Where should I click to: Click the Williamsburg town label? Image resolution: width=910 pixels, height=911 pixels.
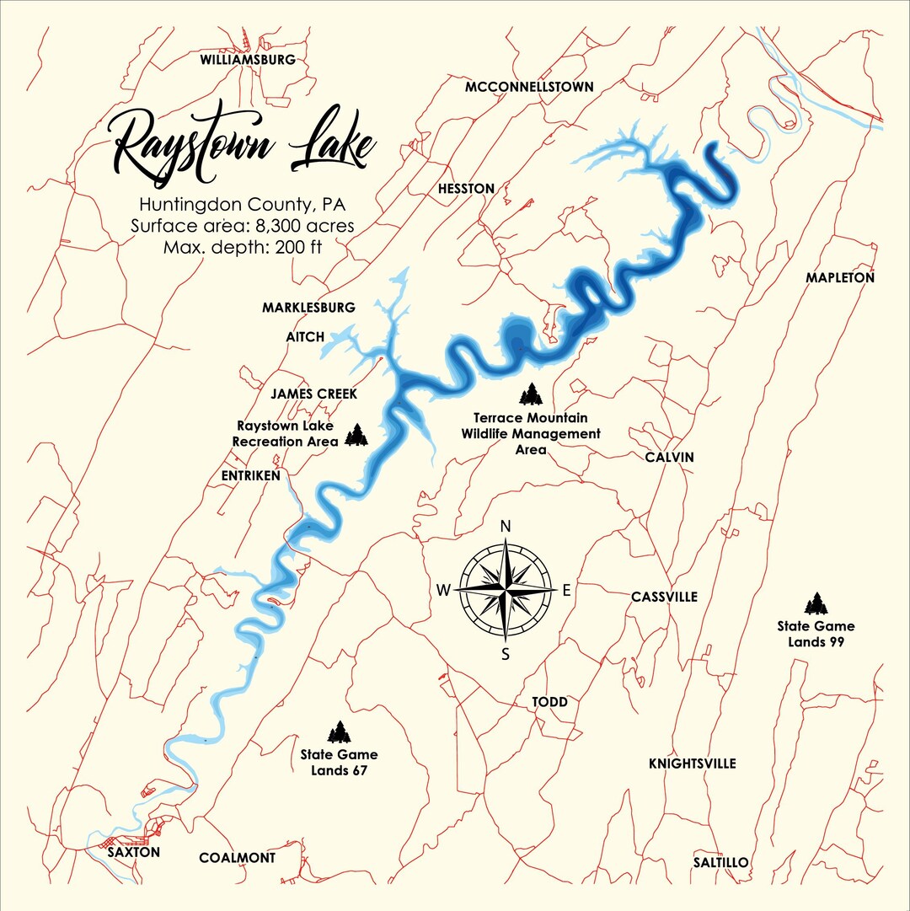point(247,60)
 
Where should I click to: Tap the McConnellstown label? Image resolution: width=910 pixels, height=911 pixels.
point(529,87)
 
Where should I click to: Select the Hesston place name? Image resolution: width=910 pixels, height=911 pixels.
point(466,189)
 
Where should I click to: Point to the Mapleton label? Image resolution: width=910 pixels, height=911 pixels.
point(839,277)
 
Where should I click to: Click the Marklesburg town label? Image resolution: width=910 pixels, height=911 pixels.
point(308,308)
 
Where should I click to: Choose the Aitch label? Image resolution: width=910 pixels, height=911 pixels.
point(305,337)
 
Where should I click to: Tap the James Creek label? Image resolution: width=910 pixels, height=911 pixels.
point(313,394)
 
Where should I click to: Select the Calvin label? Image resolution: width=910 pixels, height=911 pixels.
point(669,457)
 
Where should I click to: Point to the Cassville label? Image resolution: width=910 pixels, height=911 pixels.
point(664,597)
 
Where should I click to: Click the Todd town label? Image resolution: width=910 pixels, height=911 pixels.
point(549,702)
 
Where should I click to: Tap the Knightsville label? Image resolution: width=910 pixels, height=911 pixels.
point(692,764)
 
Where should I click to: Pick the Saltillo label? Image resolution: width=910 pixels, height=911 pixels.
point(720,862)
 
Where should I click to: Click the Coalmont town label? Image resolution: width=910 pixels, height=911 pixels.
point(237,858)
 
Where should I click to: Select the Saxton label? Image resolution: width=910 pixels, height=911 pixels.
point(134,852)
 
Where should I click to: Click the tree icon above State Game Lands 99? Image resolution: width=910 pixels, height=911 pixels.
point(815,603)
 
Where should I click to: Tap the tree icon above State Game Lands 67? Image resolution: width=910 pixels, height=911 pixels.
point(339,732)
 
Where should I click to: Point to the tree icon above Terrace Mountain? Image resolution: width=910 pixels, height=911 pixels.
point(530,394)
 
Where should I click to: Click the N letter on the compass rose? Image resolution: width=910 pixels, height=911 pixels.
point(506,527)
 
